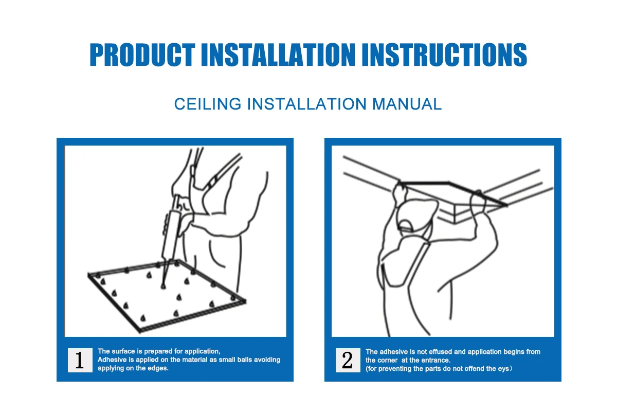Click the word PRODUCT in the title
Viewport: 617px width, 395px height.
point(142,55)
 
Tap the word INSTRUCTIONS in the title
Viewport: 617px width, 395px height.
point(444,55)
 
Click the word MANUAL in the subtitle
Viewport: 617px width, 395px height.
point(407,104)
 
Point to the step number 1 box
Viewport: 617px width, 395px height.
point(80,360)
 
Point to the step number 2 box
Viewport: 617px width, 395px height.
point(348,360)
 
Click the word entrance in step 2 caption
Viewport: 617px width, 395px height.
point(437,361)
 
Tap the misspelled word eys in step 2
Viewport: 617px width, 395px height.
point(503,369)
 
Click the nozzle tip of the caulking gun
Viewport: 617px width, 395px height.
point(163,286)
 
